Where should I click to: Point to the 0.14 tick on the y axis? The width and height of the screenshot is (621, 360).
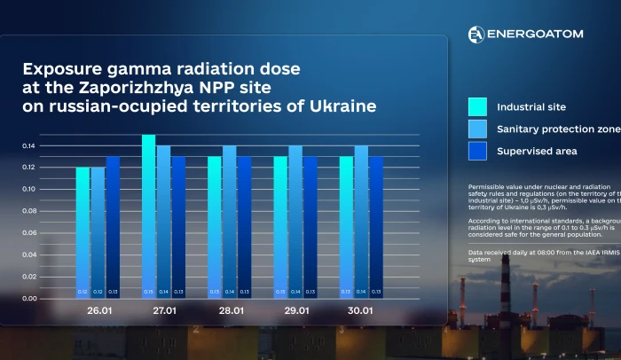tap(28, 145)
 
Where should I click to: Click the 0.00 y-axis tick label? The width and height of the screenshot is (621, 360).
tap(28, 299)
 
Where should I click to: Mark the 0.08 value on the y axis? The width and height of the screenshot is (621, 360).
tap(28, 211)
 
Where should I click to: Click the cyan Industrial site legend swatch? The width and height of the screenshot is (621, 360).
tap(478, 106)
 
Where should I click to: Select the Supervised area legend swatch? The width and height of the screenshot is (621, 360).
tap(478, 151)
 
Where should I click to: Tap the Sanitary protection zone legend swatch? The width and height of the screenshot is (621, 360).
tap(478, 129)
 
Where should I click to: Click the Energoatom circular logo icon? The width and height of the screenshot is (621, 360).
tap(476, 34)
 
